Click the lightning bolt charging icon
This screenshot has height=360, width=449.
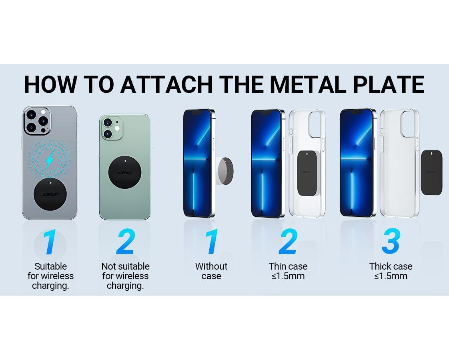[x=50, y=160]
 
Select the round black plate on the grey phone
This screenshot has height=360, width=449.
[x=50, y=194]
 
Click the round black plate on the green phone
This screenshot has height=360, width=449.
[x=125, y=172]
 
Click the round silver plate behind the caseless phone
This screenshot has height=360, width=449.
[x=226, y=171]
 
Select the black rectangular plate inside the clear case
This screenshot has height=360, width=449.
[x=308, y=173]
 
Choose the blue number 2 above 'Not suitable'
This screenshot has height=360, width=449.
[x=125, y=242]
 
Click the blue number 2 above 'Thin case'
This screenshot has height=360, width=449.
[x=288, y=242]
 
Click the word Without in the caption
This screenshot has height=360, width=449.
[x=211, y=266]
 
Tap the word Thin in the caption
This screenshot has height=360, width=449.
[x=277, y=266]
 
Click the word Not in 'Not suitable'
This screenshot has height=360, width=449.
[x=108, y=266]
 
